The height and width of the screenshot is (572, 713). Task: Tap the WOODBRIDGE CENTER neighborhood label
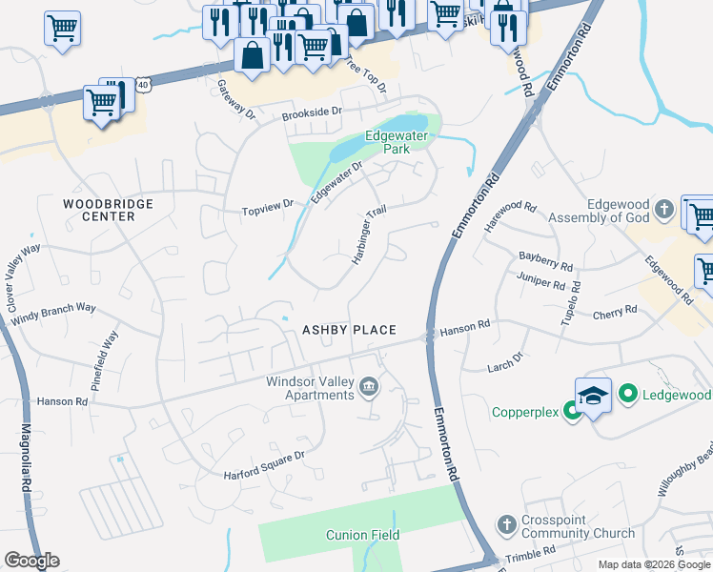pyautogui.click(x=99, y=210)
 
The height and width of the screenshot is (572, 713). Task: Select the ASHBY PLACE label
pyautogui.click(x=349, y=330)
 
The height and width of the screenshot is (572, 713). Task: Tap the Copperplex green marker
pyautogui.click(x=572, y=411)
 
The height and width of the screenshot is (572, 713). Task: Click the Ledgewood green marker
pyautogui.click(x=627, y=393)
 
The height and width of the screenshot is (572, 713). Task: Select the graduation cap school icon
pyautogui.click(x=593, y=396)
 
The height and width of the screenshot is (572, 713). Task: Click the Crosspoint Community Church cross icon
pyautogui.click(x=506, y=524)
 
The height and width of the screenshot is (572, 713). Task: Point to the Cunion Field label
pyautogui.click(x=362, y=535)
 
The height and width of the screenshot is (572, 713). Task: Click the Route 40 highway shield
pyautogui.click(x=142, y=85)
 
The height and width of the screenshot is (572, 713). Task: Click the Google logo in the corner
pyautogui.click(x=31, y=561)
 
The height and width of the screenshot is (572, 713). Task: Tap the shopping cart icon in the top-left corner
pyautogui.click(x=62, y=29)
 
